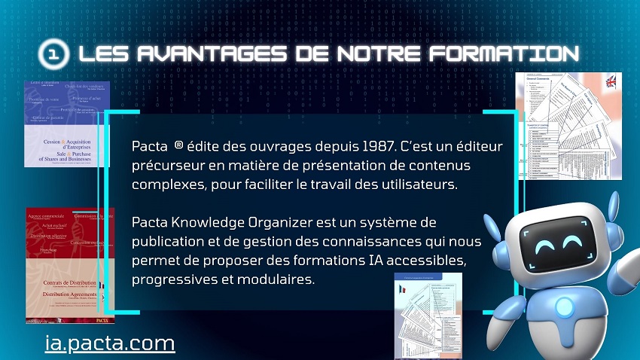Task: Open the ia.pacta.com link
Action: pyautogui.click(x=110, y=343)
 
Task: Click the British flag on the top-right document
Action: pyautogui.click(x=610, y=82)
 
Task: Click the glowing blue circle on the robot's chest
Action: pyautogui.click(x=562, y=307)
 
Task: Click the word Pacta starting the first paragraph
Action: pyautogui.click(x=149, y=145)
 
